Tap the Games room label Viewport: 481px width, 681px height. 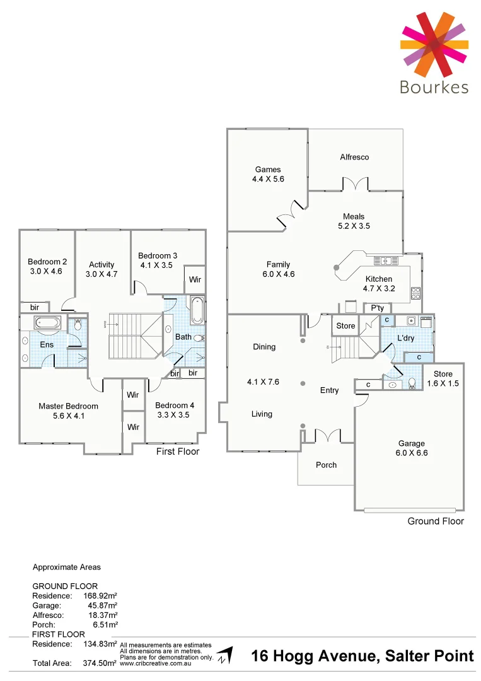268,170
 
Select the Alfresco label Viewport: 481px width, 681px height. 354,157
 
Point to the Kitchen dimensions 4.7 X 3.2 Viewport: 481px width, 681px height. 378,289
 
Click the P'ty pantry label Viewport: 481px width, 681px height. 378,308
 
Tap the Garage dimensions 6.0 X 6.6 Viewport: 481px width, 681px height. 411,453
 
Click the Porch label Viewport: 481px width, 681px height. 326,465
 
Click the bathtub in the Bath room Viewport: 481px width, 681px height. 197,310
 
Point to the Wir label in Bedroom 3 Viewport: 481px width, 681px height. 195,279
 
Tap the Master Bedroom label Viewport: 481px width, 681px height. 68,406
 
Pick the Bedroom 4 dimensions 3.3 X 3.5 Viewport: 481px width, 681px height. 172,415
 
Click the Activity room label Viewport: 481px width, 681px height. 101,265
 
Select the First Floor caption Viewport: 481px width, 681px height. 177,451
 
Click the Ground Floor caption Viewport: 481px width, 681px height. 435,521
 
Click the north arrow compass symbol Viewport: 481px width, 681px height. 224,655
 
